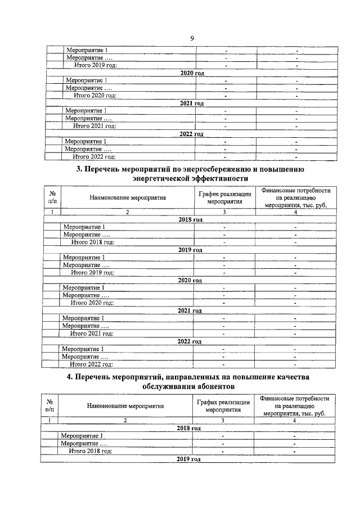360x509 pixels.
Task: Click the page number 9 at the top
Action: (x=192, y=38)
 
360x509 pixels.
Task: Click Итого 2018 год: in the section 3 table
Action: (x=93, y=242)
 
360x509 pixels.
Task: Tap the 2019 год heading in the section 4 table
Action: (x=189, y=460)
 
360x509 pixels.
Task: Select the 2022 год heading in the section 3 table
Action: (x=190, y=341)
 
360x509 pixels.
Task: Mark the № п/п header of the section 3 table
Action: (x=52, y=197)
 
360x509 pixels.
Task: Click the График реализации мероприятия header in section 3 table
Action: (x=224, y=197)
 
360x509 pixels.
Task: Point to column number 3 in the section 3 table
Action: (x=224, y=212)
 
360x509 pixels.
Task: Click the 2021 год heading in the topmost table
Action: (x=191, y=103)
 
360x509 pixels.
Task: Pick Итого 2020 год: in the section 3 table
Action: (x=92, y=303)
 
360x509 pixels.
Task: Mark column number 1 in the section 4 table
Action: (x=49, y=421)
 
